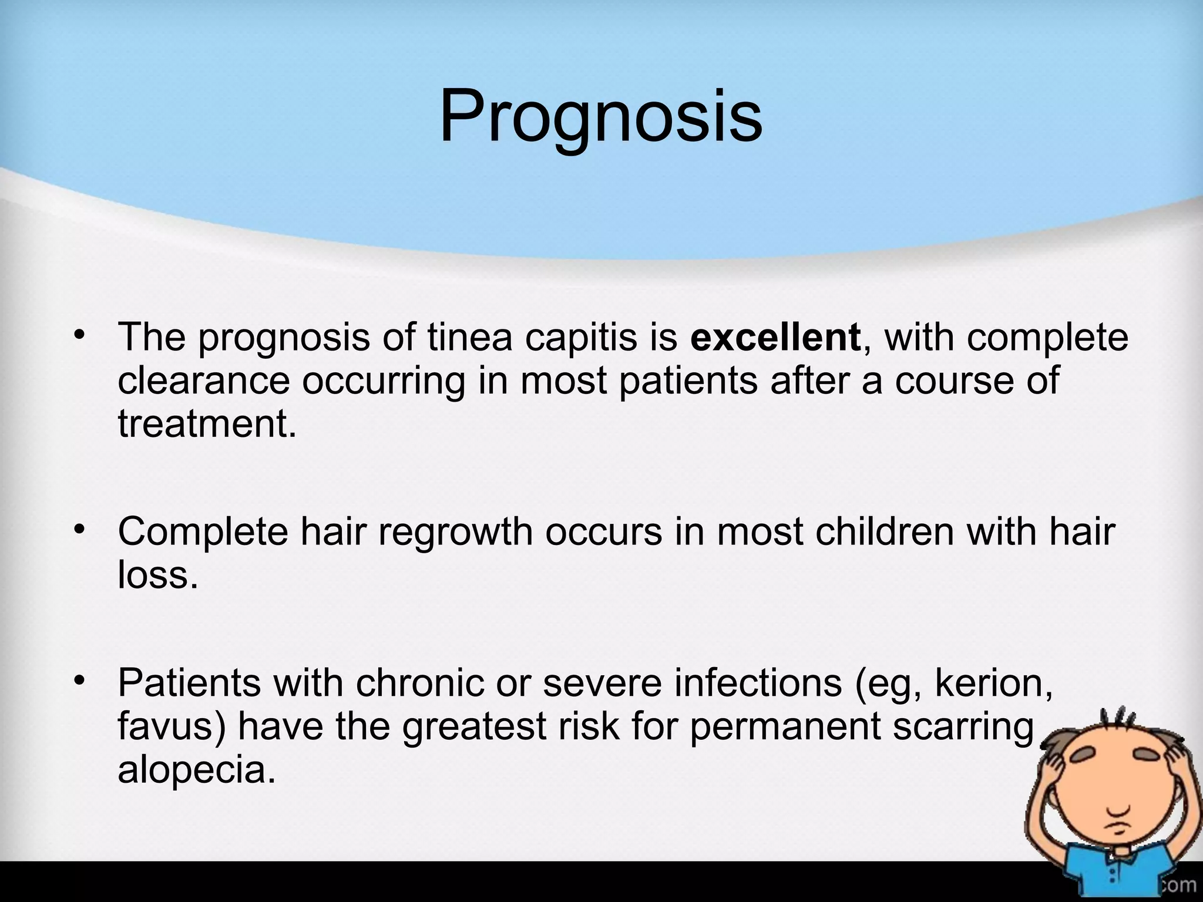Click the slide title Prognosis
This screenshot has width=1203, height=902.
pos(600,116)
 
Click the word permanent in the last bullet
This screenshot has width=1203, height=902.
pos(785,727)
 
